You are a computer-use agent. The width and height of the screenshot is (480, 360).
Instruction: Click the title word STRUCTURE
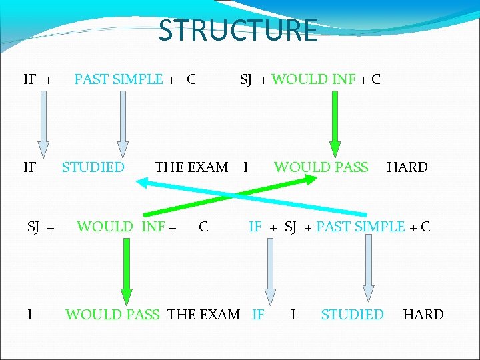238,31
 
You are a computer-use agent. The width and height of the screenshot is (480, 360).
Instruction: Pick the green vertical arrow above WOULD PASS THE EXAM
126,273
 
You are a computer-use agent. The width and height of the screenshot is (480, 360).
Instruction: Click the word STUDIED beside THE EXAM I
93,167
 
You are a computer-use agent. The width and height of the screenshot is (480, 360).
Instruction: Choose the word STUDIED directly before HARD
352,314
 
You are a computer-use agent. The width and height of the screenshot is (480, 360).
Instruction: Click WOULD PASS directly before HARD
321,167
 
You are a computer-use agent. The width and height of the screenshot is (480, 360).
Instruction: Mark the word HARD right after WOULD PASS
407,167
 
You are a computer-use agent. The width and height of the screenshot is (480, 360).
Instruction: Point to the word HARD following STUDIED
423,314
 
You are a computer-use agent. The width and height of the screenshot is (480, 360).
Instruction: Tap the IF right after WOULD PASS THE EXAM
258,314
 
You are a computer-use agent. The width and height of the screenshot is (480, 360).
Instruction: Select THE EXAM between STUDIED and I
191,167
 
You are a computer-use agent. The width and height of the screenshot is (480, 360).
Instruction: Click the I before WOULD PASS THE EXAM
29,314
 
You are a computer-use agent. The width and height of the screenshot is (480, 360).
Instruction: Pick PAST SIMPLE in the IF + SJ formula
361,227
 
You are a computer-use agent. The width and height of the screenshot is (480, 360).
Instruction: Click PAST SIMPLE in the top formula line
119,79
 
